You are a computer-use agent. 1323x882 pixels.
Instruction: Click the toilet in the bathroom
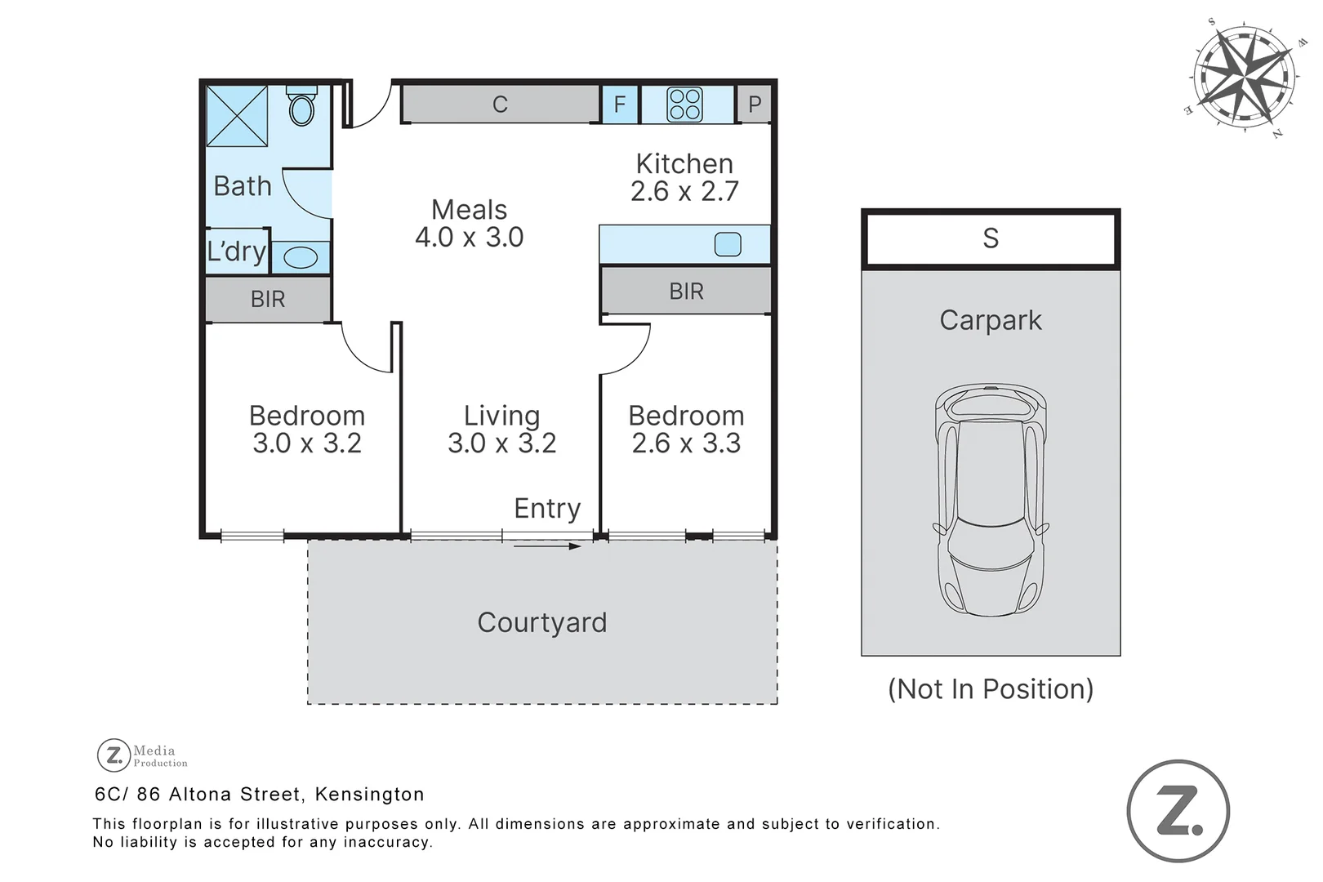[x=302, y=105]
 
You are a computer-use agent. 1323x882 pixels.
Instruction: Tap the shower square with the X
[x=237, y=116]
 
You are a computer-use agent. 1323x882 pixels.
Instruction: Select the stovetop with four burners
[x=684, y=105]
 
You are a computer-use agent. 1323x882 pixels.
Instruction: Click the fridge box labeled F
[x=620, y=105]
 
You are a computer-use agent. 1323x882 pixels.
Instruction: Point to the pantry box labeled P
[x=755, y=105]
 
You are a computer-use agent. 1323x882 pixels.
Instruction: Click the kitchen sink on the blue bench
[x=728, y=244]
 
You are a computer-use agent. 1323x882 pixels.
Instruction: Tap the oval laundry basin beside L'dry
[x=301, y=257]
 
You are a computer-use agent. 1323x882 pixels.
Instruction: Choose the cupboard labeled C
[x=501, y=105]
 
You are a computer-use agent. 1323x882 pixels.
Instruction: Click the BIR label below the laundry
[x=268, y=300]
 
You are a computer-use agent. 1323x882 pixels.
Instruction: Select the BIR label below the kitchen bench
[x=686, y=292]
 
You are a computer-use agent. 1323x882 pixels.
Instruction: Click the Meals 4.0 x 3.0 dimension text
[x=470, y=238]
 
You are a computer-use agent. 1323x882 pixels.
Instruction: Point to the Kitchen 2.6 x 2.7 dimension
[x=684, y=191]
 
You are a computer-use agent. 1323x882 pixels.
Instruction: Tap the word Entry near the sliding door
[x=547, y=508]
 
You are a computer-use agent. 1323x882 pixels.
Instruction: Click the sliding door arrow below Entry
[x=547, y=546]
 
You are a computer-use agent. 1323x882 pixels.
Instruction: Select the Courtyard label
[x=542, y=622]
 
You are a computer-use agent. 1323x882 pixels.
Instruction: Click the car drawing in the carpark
[x=991, y=500]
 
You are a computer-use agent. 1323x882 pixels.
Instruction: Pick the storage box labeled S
[x=991, y=238]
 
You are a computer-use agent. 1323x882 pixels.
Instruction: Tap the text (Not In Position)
[x=991, y=688]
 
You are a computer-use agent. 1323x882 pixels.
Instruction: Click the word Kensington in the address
[x=370, y=794]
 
